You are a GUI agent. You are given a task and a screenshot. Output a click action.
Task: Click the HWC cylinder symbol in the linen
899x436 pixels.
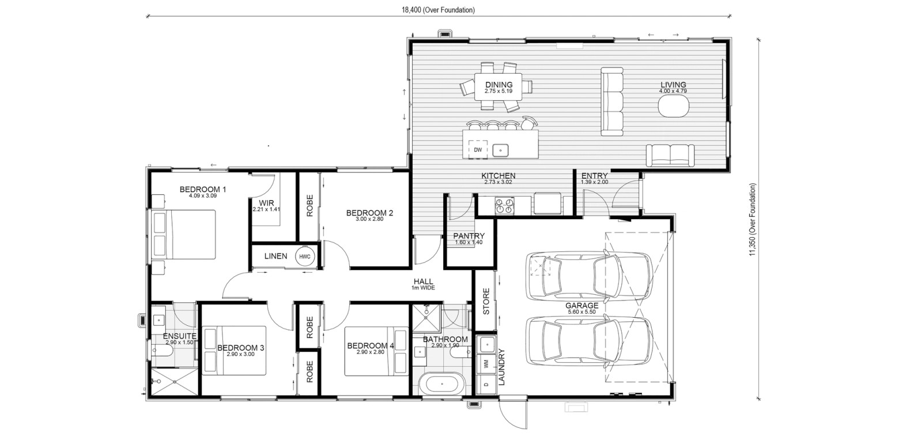[x=305, y=257]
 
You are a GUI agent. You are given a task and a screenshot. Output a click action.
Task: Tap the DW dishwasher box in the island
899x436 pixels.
[x=478, y=150]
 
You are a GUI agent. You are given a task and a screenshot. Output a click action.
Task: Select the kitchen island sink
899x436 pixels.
[x=500, y=151]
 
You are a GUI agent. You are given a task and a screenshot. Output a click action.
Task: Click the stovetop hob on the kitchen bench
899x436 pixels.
[x=504, y=205]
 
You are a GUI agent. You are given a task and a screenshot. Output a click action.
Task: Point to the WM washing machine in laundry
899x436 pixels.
[x=486, y=364]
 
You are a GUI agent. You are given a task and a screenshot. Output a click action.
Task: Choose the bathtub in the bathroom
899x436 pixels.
[x=442, y=384]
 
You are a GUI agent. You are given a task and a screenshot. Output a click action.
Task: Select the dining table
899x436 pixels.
[x=498, y=87]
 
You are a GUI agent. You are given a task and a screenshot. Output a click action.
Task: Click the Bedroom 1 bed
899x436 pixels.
[x=184, y=235]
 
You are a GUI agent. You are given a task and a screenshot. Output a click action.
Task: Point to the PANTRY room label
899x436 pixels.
[x=469, y=236]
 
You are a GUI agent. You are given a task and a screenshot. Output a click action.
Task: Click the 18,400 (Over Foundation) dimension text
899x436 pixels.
[x=438, y=10]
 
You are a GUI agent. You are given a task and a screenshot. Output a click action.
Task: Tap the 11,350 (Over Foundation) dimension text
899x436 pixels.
[x=752, y=220]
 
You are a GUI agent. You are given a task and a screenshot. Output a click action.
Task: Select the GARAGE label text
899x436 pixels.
[x=581, y=306]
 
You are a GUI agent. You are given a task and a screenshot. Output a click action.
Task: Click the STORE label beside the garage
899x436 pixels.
[x=486, y=302]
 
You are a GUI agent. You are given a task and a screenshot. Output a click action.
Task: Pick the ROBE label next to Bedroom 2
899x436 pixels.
[x=309, y=206]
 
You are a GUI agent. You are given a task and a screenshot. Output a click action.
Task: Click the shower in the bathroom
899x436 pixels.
[x=426, y=318]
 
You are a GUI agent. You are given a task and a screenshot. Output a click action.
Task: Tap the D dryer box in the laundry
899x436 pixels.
[x=486, y=384]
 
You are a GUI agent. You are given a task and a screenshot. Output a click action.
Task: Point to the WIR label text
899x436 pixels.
[x=266, y=203]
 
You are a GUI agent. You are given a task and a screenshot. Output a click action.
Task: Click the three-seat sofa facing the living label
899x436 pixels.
[x=612, y=102]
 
